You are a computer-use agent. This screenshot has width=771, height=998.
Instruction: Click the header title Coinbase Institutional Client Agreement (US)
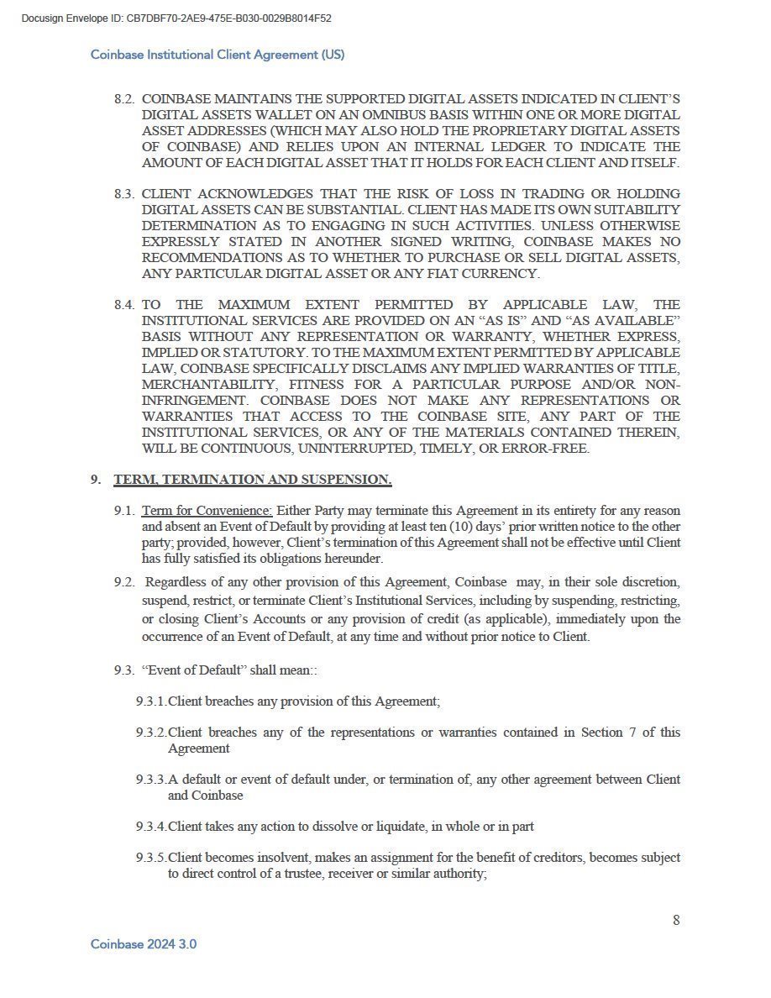click(218, 55)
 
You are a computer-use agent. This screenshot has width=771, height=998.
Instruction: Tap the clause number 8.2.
click(124, 98)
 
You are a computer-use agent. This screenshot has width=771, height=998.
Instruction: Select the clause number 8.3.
click(124, 194)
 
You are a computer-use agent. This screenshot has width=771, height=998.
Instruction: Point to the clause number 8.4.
click(124, 305)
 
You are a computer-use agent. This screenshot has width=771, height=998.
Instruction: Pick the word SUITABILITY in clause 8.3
click(642, 210)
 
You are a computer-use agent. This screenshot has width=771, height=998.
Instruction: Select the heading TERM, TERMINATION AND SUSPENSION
click(253, 480)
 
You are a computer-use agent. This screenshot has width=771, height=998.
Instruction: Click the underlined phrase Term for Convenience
click(207, 511)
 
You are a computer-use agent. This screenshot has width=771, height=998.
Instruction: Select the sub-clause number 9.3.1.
click(151, 701)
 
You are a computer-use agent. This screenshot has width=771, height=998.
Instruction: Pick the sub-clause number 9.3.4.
click(151, 827)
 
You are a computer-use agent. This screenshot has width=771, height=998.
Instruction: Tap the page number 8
click(676, 920)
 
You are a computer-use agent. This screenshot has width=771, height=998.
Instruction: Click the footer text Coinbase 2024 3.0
click(144, 944)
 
